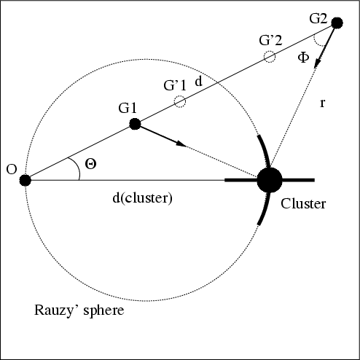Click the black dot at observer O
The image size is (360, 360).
coord(26,180)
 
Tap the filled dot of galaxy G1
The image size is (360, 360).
coord(135,124)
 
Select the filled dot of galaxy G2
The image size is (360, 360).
coord(337,23)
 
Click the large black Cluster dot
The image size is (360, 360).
coord(270,180)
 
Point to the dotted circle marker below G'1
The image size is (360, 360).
coord(180,101)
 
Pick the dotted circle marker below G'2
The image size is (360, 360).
coord(270,57)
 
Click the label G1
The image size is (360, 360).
coord(128,108)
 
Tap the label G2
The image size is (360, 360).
coord(318,18)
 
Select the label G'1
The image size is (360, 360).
coord(175,85)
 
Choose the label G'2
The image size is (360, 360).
coord(270,40)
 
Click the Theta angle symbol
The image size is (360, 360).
coord(90,164)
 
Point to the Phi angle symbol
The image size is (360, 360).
coord(303,58)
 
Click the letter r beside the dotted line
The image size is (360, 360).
coord(322,103)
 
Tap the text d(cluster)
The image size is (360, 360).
coord(143,198)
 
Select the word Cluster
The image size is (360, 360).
coord(303,203)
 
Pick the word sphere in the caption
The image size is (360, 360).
coord(103,311)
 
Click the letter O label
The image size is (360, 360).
coord(12,169)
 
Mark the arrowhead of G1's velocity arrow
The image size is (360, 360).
coord(181,144)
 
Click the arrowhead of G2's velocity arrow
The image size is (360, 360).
coord(317,63)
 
